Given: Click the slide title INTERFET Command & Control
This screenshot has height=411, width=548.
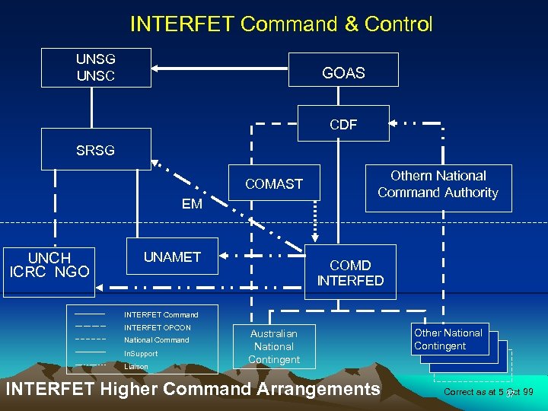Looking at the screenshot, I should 281,24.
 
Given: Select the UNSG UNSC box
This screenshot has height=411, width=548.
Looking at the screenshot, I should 96,68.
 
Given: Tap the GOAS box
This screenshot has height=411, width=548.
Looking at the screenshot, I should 343,73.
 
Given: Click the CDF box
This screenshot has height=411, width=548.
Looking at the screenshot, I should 343,124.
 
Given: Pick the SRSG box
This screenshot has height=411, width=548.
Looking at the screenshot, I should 96,150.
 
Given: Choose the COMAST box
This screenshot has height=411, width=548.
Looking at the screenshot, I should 274,183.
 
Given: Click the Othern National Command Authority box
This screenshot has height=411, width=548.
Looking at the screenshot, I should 438,185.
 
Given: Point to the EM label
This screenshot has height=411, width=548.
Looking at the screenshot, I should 192,204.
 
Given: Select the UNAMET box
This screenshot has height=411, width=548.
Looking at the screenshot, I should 173,257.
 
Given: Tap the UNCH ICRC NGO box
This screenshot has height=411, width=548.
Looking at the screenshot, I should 49,264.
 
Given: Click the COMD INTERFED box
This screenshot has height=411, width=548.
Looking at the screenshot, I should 350,272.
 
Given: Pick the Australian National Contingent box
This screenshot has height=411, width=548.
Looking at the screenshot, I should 274,346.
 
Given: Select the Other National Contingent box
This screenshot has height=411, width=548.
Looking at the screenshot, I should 448,339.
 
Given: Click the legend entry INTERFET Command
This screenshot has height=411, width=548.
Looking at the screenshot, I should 161,314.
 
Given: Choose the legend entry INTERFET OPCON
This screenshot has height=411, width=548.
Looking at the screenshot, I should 157,327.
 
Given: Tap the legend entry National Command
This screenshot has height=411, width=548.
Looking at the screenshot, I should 156,340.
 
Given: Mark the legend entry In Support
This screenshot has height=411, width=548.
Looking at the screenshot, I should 141,354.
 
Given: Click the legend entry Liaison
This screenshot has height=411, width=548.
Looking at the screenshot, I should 136,367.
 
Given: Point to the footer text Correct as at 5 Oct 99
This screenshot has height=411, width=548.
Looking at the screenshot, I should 488,392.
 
